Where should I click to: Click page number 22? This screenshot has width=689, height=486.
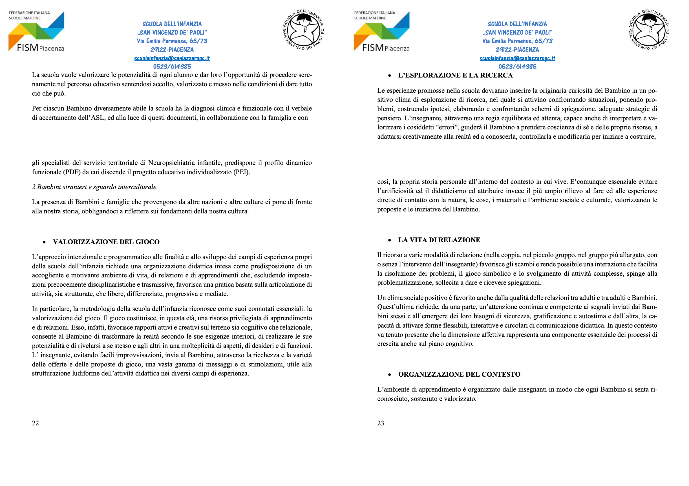(x=36, y=423)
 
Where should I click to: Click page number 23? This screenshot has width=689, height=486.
(x=381, y=423)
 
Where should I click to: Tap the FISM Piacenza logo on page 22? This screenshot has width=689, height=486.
(x=36, y=32)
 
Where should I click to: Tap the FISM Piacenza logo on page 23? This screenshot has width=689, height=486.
(x=381, y=32)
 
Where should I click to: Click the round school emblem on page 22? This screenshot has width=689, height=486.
(x=303, y=30)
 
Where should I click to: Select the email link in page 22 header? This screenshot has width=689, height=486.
(x=172, y=58)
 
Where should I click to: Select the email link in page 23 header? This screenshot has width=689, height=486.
(x=517, y=58)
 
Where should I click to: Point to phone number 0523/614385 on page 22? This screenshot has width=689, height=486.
(x=172, y=67)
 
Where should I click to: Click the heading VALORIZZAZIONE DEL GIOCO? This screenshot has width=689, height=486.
(x=106, y=242)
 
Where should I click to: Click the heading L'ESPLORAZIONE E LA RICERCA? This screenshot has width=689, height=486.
(x=455, y=75)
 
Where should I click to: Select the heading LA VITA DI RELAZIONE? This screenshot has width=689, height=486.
(x=439, y=240)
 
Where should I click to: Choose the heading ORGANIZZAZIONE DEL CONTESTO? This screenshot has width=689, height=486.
(x=459, y=374)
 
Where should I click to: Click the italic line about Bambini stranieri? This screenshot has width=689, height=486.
(x=95, y=187)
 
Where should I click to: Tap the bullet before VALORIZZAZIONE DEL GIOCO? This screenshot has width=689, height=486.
(x=45, y=242)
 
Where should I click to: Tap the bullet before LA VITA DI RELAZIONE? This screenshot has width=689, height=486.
(x=390, y=240)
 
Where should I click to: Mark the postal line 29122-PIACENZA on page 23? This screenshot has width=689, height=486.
(x=517, y=50)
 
